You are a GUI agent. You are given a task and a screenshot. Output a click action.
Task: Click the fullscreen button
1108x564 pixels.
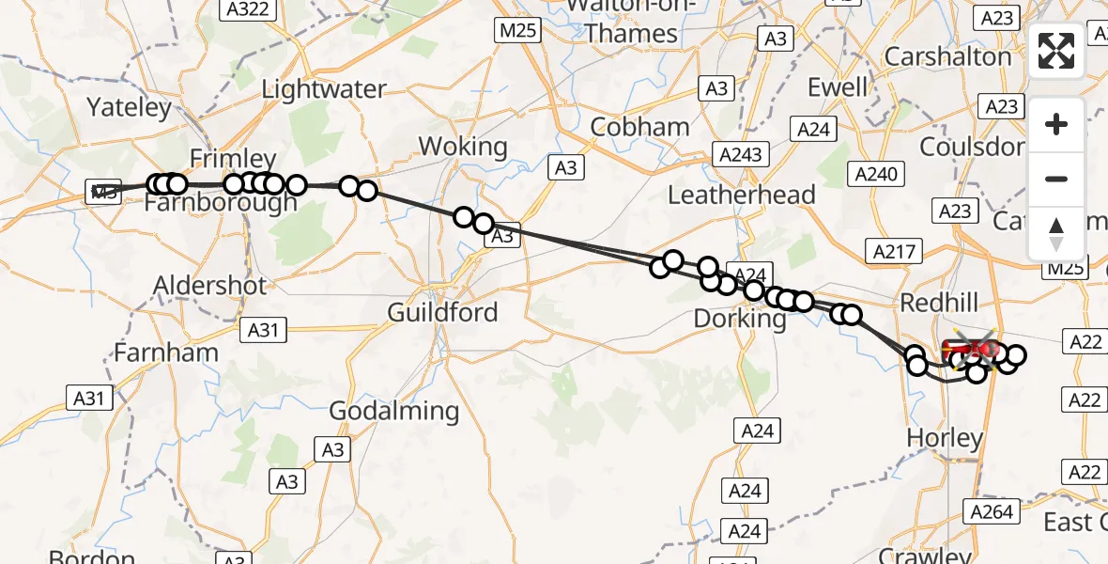(1056, 51)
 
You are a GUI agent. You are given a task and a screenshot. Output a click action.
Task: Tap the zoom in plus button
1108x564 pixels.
(1056, 124)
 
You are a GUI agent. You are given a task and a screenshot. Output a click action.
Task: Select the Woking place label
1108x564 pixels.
(463, 147)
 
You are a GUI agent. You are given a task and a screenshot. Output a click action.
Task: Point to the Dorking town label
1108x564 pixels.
(740, 319)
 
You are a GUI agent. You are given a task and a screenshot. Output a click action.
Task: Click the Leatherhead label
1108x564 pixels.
(742, 195)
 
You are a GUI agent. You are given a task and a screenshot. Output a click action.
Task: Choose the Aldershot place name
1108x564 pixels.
(211, 285)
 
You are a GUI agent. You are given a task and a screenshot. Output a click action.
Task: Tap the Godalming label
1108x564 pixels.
(394, 411)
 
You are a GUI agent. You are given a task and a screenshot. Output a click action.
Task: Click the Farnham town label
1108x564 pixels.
(166, 352)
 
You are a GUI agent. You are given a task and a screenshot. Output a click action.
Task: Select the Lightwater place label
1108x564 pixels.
(324, 89)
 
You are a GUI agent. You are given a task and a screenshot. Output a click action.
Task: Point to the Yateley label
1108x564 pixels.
(130, 107)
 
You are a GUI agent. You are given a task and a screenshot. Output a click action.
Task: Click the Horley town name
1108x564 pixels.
(945, 438)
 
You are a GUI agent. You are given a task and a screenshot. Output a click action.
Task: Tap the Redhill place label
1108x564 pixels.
(939, 303)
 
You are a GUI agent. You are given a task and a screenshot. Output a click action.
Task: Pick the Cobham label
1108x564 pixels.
(640, 127)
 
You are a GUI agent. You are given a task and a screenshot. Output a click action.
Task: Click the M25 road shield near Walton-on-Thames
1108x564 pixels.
(517, 30)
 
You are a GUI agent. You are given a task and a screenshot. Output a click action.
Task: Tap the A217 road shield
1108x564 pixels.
(898, 251)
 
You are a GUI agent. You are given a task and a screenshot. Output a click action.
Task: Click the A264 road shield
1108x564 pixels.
(993, 511)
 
